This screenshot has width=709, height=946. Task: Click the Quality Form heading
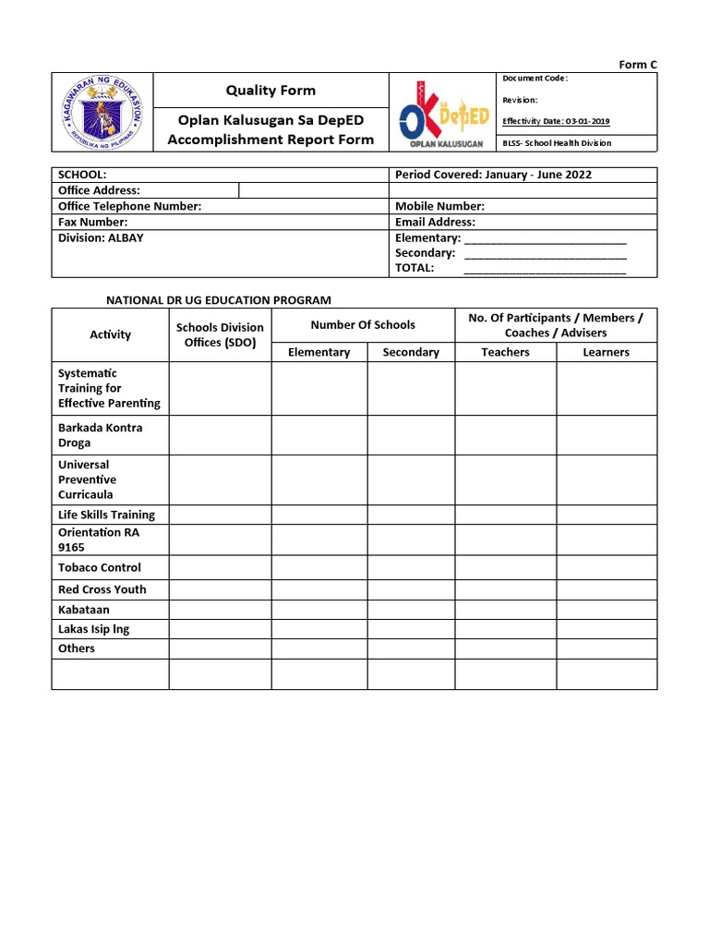point(270,90)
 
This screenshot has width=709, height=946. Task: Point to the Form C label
point(638,65)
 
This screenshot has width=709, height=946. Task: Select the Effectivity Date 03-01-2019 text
point(555,121)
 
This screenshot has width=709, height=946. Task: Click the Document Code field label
point(535,79)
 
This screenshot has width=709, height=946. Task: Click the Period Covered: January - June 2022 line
point(493,175)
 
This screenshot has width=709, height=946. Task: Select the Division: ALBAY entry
point(101,237)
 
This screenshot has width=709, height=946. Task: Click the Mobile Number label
point(439,206)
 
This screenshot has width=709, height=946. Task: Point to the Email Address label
point(435,222)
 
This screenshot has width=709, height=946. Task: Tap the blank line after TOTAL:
point(545,268)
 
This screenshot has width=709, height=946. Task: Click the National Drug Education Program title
point(218,300)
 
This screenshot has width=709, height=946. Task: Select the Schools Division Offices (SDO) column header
point(220,334)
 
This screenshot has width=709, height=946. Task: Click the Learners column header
point(606,352)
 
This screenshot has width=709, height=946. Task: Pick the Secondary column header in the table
point(411,352)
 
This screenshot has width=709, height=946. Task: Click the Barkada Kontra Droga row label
point(100,435)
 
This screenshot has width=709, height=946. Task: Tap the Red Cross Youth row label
point(102,589)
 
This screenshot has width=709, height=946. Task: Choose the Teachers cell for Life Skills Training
point(505,515)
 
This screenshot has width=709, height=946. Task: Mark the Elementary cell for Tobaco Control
point(318,567)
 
